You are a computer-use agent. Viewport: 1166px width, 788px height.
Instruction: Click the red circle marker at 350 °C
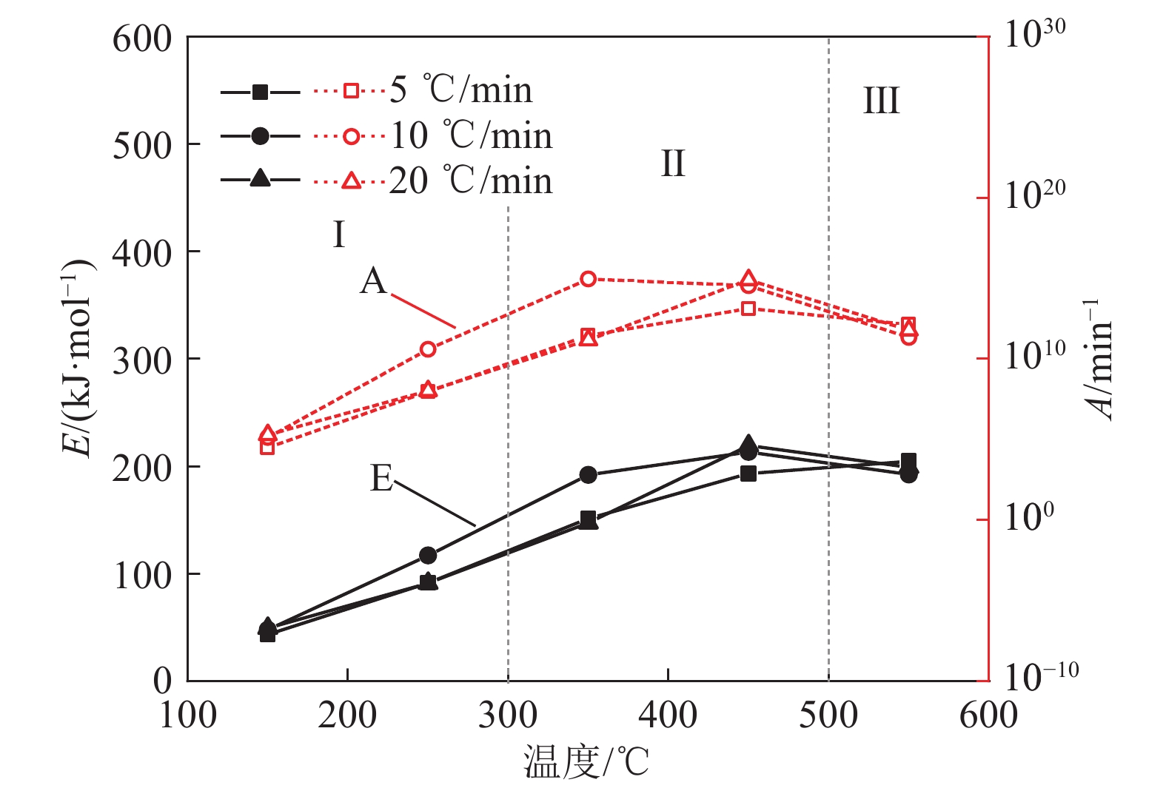click(x=588, y=279)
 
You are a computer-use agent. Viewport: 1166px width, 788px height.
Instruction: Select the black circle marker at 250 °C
click(x=428, y=555)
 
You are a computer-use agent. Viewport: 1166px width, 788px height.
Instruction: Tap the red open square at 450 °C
click(x=748, y=309)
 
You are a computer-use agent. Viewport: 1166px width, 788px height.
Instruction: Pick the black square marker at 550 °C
click(x=908, y=460)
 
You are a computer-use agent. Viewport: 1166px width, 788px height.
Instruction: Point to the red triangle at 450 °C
click(x=748, y=278)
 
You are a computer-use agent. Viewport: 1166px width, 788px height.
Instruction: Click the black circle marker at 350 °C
click(x=588, y=474)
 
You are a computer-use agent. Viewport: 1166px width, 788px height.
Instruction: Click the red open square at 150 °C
click(x=267, y=447)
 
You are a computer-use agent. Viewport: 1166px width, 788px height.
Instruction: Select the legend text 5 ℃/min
click(x=460, y=90)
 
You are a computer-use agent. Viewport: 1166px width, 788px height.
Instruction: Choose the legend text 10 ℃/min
click(x=471, y=135)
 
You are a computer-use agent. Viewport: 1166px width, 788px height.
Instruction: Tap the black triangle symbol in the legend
click(x=260, y=179)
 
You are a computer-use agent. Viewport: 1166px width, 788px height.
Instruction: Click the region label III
click(x=881, y=101)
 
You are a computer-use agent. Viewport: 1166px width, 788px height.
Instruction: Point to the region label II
click(x=672, y=164)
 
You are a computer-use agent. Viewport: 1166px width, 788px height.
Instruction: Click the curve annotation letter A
click(x=374, y=281)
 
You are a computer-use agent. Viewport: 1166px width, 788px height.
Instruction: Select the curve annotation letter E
click(x=381, y=479)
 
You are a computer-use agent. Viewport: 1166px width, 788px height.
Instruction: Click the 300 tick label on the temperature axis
click(x=508, y=715)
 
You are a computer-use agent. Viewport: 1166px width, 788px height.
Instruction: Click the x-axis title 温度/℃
click(x=586, y=762)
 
